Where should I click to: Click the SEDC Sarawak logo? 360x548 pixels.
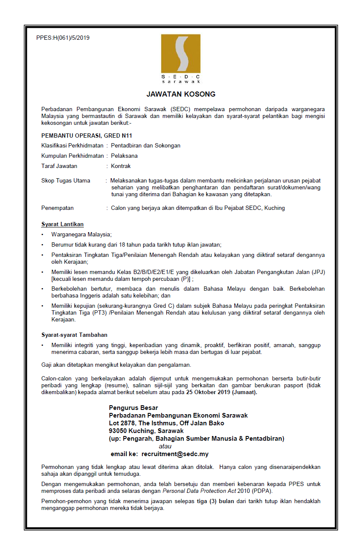click(180, 59)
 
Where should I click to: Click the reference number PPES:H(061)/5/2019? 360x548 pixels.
click(63, 38)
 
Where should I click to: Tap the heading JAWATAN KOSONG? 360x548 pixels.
click(181, 94)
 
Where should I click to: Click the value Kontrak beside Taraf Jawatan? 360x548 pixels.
click(121, 166)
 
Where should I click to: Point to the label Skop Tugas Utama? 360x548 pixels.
click(66, 180)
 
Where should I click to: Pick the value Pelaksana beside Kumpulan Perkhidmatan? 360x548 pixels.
click(124, 156)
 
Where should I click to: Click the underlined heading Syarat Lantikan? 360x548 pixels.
click(62, 224)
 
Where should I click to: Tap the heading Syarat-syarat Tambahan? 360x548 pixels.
click(74, 335)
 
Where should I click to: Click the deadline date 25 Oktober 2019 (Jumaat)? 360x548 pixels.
click(221, 392)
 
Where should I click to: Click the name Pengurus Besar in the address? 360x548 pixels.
click(133, 408)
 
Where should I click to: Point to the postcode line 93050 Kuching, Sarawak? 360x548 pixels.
click(146, 431)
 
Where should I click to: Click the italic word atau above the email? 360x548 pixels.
click(165, 446)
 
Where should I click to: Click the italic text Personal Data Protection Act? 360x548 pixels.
click(195, 491)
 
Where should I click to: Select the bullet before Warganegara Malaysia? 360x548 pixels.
click(42, 235)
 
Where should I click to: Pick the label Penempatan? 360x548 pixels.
click(57, 208)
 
